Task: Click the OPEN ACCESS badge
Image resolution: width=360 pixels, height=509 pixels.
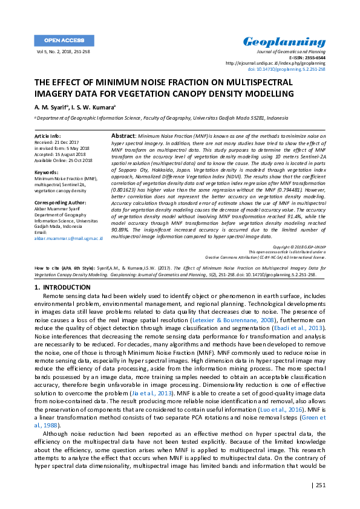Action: [64, 40]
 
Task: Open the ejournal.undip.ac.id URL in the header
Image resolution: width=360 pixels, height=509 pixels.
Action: [275, 63]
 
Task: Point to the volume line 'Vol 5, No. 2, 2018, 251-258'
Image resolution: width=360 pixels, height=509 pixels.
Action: [64, 53]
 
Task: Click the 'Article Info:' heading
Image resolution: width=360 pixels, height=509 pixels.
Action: [48, 137]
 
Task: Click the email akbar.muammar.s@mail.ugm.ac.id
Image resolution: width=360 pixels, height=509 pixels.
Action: [68, 239]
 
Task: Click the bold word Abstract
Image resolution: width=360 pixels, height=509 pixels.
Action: [124, 137]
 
